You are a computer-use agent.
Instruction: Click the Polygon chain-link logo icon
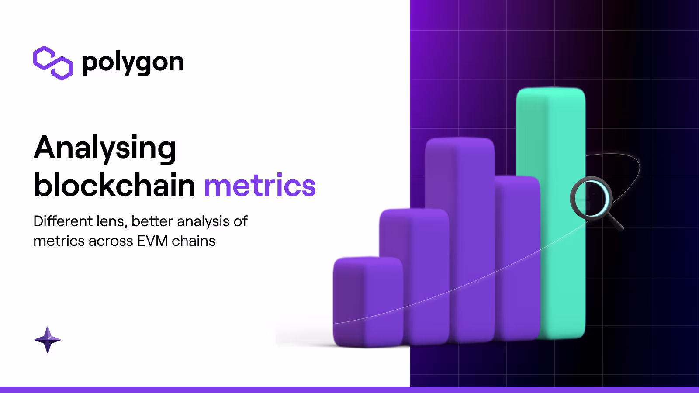click(53, 63)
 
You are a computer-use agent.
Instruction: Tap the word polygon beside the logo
click(133, 63)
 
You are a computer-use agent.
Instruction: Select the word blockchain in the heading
click(114, 185)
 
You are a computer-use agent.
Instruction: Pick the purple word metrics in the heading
click(260, 186)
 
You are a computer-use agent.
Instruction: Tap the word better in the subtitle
click(152, 221)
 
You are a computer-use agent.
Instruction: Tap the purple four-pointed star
click(48, 340)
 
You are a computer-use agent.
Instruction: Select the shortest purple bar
click(368, 302)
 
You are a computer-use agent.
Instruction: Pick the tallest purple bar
click(460, 240)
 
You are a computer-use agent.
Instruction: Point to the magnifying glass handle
click(615, 222)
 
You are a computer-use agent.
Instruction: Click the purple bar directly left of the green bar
click(518, 258)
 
